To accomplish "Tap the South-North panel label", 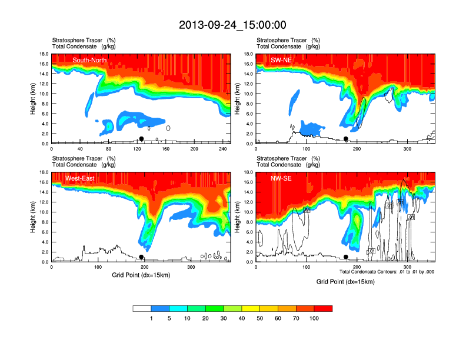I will pyautogui.click(x=89, y=60).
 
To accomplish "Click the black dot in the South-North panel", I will pyautogui.click(x=141, y=139).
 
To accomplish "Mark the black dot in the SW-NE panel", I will pyautogui.click(x=346, y=139).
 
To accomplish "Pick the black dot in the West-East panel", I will pyautogui.click(x=141, y=257).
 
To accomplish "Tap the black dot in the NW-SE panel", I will pyautogui.click(x=346, y=257).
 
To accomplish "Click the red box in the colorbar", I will pyautogui.click(x=323, y=308).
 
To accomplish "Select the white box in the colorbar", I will pyautogui.click(x=142, y=308).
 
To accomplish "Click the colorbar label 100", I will pyautogui.click(x=314, y=318).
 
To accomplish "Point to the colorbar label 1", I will pyautogui.click(x=151, y=318).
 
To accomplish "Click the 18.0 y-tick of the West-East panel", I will pyautogui.click(x=44, y=172).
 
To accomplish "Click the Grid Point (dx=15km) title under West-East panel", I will pyautogui.click(x=141, y=275).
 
